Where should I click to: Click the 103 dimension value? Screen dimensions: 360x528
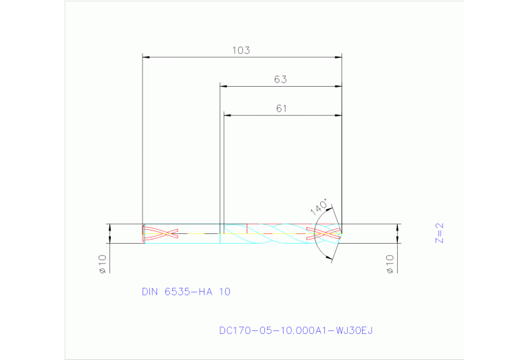point(240,50)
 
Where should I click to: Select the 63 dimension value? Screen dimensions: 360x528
point(280,80)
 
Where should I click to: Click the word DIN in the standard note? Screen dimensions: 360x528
point(150,292)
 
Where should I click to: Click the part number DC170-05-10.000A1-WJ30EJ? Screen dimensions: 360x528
point(295,331)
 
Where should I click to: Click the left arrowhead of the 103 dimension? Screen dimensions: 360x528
point(146,56)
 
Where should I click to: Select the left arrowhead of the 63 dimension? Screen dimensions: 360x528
point(224,86)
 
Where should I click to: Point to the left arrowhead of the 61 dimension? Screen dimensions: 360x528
point(227,115)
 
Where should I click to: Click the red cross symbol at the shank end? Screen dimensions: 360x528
point(160,234)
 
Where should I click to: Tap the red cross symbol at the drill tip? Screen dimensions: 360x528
point(324,234)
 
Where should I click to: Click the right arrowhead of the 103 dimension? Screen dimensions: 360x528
point(338,56)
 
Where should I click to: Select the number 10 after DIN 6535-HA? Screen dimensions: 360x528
point(224,292)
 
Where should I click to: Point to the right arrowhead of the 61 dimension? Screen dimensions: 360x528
point(338,115)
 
